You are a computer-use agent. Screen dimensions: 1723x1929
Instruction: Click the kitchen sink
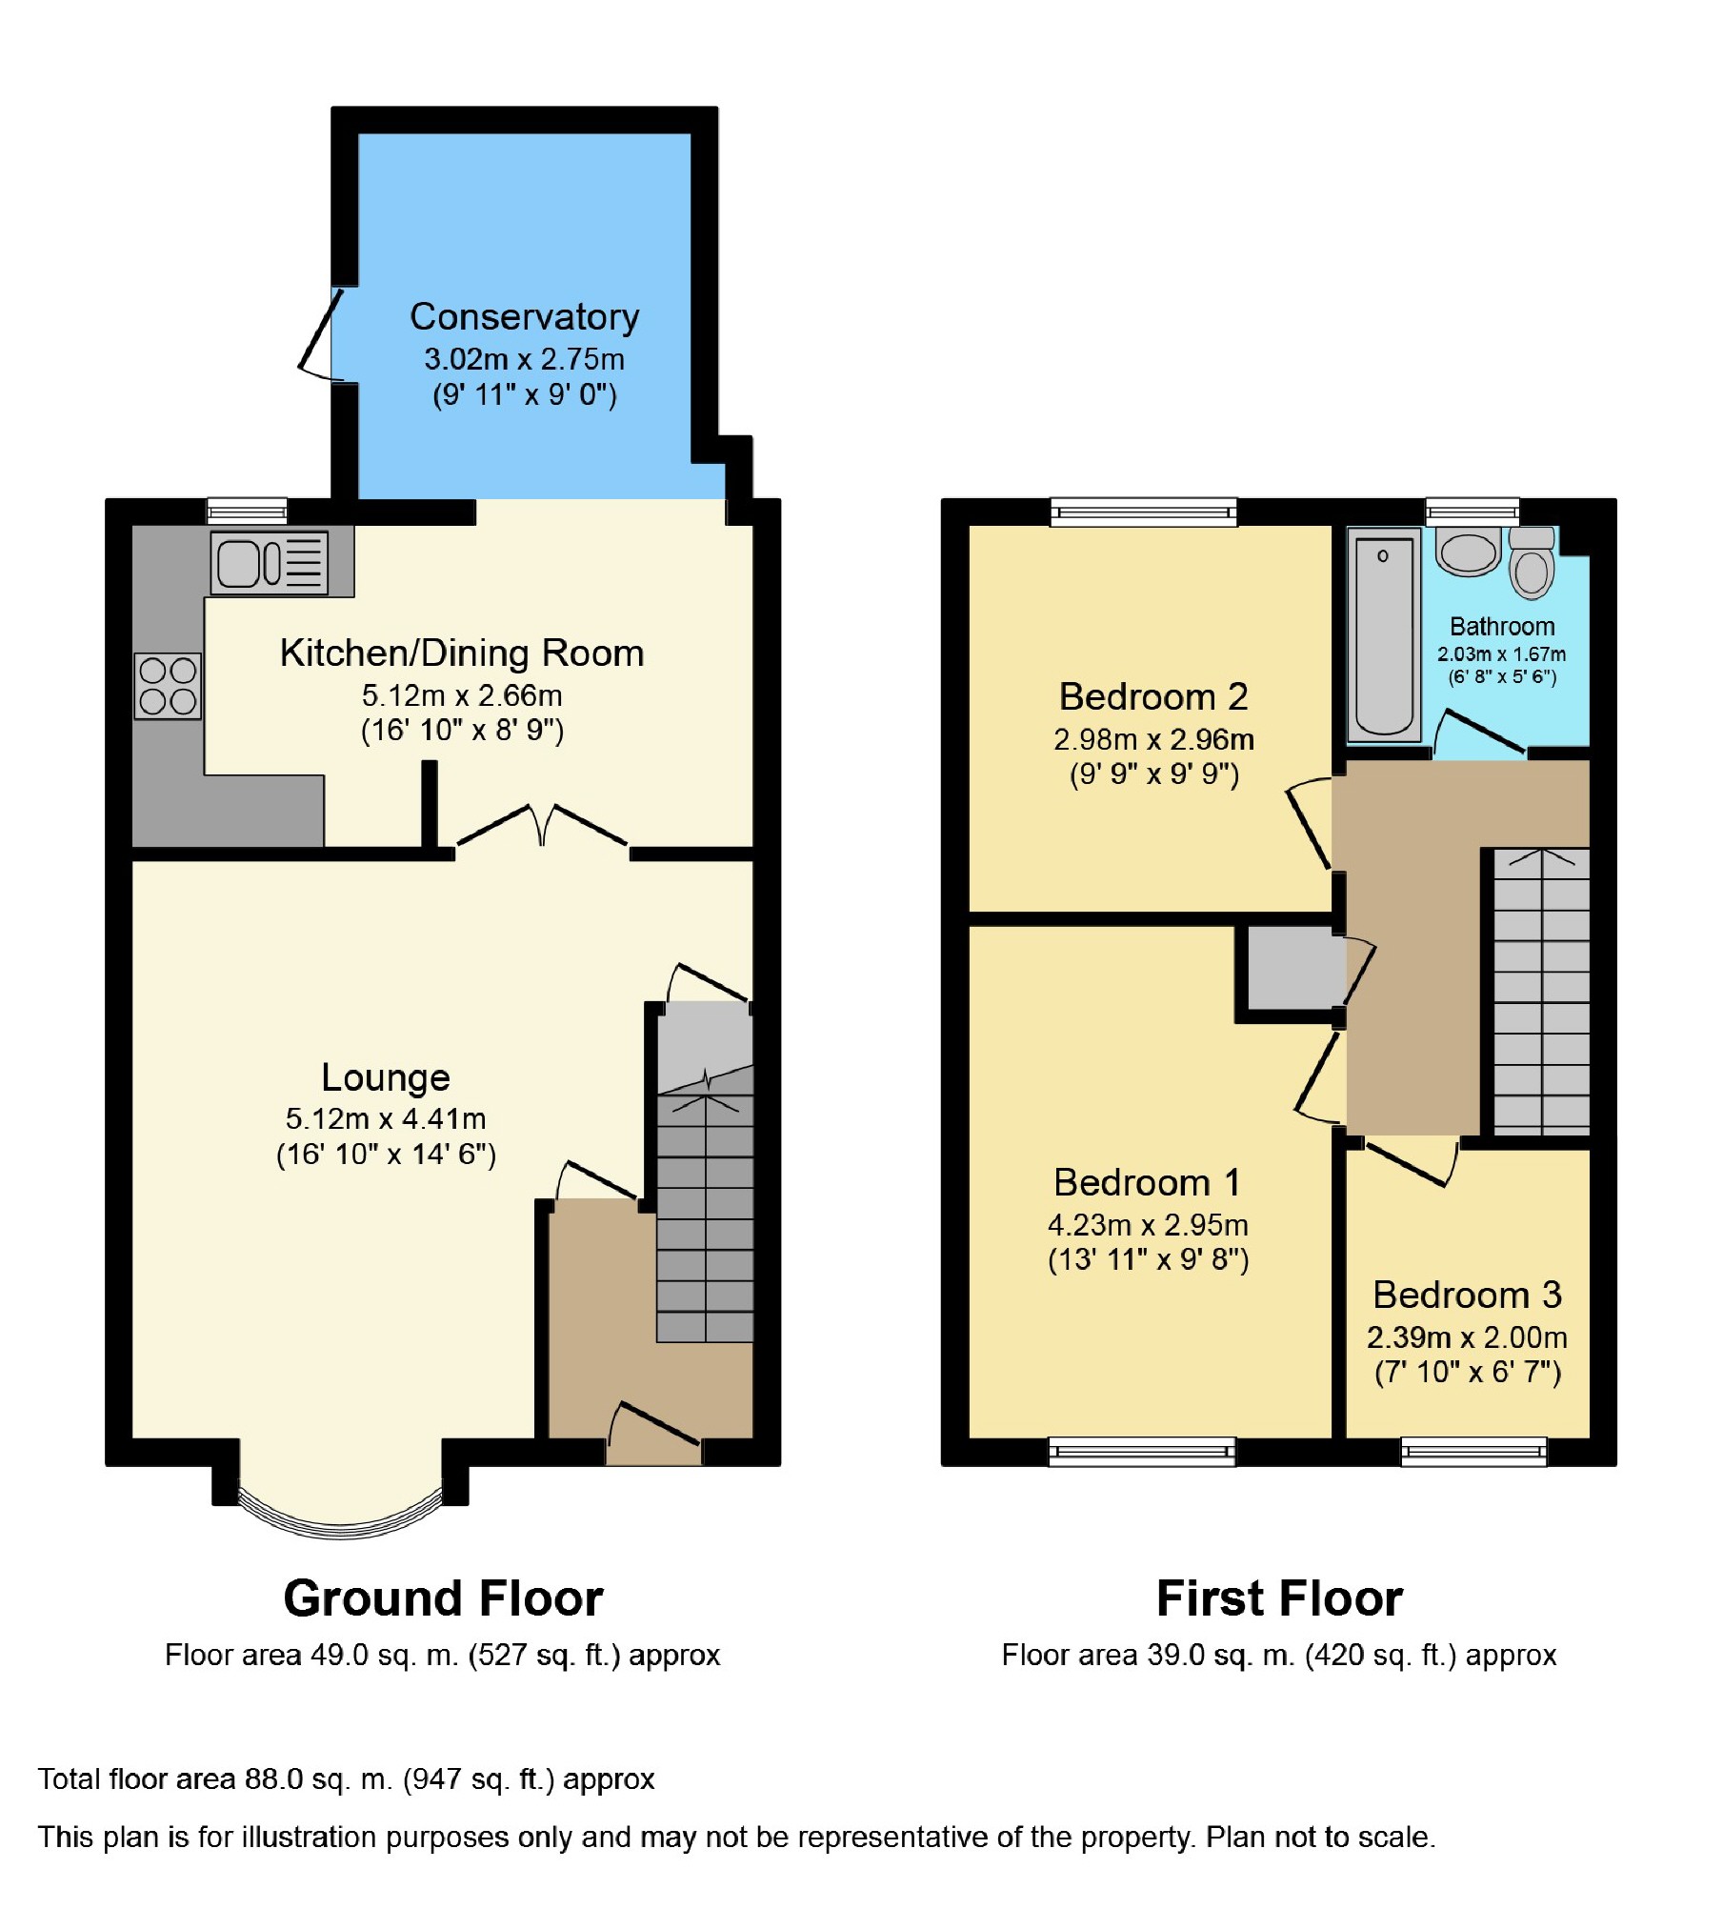(x=270, y=564)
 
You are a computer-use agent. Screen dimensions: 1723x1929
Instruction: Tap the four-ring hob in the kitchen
(x=168, y=686)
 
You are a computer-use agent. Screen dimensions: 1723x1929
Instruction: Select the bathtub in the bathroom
(x=1384, y=635)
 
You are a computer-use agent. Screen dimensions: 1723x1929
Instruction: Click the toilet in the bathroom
(x=1532, y=563)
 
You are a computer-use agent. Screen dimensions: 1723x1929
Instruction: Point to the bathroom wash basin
(x=1468, y=552)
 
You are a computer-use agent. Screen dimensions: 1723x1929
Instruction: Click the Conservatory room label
(x=524, y=317)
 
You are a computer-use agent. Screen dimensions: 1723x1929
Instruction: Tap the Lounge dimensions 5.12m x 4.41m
(x=386, y=1118)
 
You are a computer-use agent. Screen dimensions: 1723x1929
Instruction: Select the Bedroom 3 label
(x=1468, y=1296)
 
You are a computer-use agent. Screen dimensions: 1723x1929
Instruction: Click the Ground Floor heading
(x=444, y=1598)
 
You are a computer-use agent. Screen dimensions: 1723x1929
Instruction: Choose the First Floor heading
(x=1279, y=1598)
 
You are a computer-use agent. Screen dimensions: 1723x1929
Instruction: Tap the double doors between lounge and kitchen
(x=542, y=827)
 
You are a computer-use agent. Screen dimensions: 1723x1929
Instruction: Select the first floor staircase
(x=1541, y=991)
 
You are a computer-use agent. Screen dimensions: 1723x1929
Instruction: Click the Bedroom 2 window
(x=1144, y=512)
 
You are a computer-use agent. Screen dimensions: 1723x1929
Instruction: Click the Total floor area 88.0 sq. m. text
(x=347, y=1779)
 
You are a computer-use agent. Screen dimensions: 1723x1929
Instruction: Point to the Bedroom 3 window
(x=1473, y=1452)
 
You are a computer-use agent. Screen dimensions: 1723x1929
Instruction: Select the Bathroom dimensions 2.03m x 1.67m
(x=1501, y=654)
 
